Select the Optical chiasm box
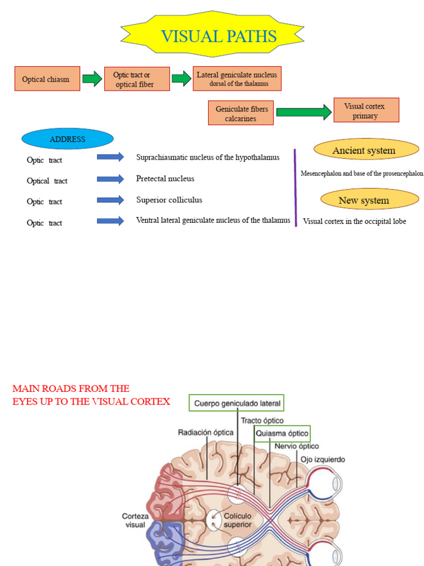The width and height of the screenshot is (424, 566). tap(47, 78)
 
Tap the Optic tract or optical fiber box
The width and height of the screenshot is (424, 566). tap(137, 79)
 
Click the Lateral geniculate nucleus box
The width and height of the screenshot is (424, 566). tap(237, 78)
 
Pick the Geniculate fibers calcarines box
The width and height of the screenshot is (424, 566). tap(241, 113)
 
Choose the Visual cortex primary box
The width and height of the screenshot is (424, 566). tap(367, 110)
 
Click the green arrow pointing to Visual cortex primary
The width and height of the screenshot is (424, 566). tap(304, 112)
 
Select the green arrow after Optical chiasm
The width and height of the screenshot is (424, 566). tap(92, 78)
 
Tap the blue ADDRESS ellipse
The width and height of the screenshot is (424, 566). tap(67, 139)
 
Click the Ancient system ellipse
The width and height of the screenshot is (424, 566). tap(367, 149)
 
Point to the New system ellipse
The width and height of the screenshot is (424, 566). tap(370, 199)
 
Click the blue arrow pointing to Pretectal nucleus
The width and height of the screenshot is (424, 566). tap(110, 179)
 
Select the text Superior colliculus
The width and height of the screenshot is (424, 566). tap(169, 200)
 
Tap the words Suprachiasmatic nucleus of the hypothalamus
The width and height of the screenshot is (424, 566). tap(208, 158)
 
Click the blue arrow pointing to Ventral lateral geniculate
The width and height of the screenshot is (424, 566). tap(110, 221)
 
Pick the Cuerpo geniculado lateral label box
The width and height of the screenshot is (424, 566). tap(236, 403)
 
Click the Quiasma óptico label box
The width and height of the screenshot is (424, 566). tap(282, 433)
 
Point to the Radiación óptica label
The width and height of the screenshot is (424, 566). tap(205, 432)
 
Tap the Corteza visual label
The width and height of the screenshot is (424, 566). tap(135, 521)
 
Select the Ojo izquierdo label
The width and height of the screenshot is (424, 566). tap(323, 459)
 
